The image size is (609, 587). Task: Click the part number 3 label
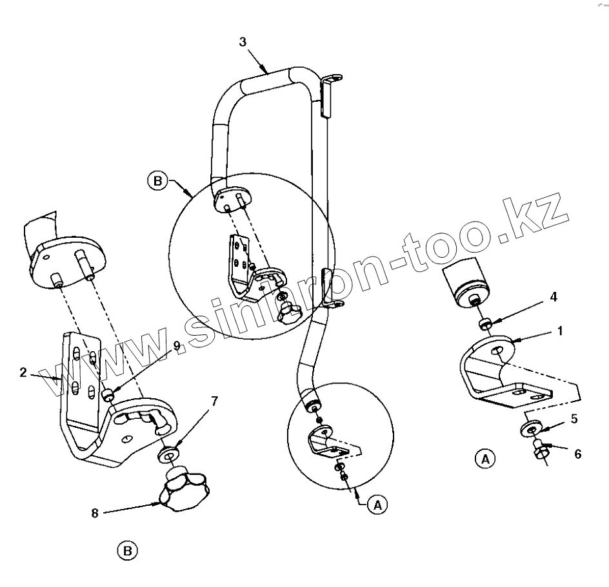[x=243, y=42]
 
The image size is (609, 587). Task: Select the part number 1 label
[x=561, y=331]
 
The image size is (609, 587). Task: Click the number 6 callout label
[x=577, y=454]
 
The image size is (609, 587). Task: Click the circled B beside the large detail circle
[x=156, y=180]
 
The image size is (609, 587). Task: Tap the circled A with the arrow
[x=378, y=505]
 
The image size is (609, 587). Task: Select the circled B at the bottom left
[x=127, y=550]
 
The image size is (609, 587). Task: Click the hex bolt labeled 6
[x=539, y=452]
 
